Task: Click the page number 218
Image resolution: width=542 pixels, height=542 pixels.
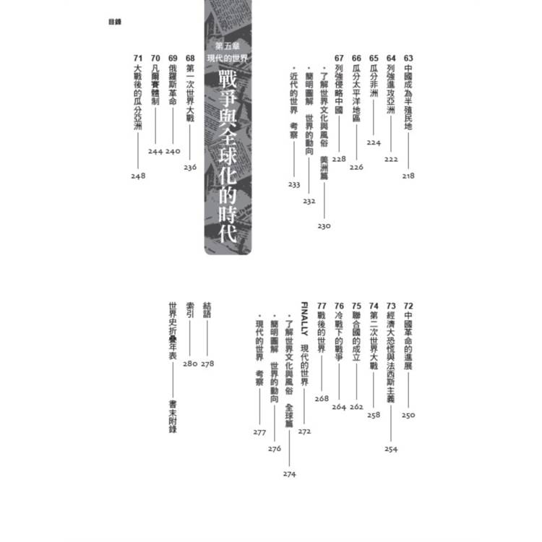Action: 408,176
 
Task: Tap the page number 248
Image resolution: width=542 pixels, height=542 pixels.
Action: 138,176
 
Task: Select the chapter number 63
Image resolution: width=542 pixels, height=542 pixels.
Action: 408,58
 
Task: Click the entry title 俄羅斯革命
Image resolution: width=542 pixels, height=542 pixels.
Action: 173,85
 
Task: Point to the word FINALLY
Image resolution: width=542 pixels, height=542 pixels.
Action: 304,319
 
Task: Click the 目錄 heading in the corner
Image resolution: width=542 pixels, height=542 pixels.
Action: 115,22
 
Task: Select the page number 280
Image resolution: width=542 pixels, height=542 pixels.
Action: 190,364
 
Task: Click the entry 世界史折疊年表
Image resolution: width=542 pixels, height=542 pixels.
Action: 173,331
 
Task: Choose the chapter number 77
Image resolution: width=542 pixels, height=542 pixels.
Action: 322,306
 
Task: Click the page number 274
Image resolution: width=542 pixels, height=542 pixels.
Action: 289,474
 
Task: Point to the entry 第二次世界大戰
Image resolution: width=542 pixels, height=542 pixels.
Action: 374,341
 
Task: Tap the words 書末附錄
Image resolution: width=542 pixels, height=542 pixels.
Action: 173,416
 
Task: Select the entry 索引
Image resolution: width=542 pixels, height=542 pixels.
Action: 190,310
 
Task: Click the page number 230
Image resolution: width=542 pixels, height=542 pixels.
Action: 324,226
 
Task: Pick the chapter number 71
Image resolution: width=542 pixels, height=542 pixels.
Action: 138,58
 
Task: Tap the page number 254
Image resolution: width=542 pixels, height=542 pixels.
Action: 391,449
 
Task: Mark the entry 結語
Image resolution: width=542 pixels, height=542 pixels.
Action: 207,310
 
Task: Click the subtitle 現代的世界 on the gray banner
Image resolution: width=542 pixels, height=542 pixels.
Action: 228,58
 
